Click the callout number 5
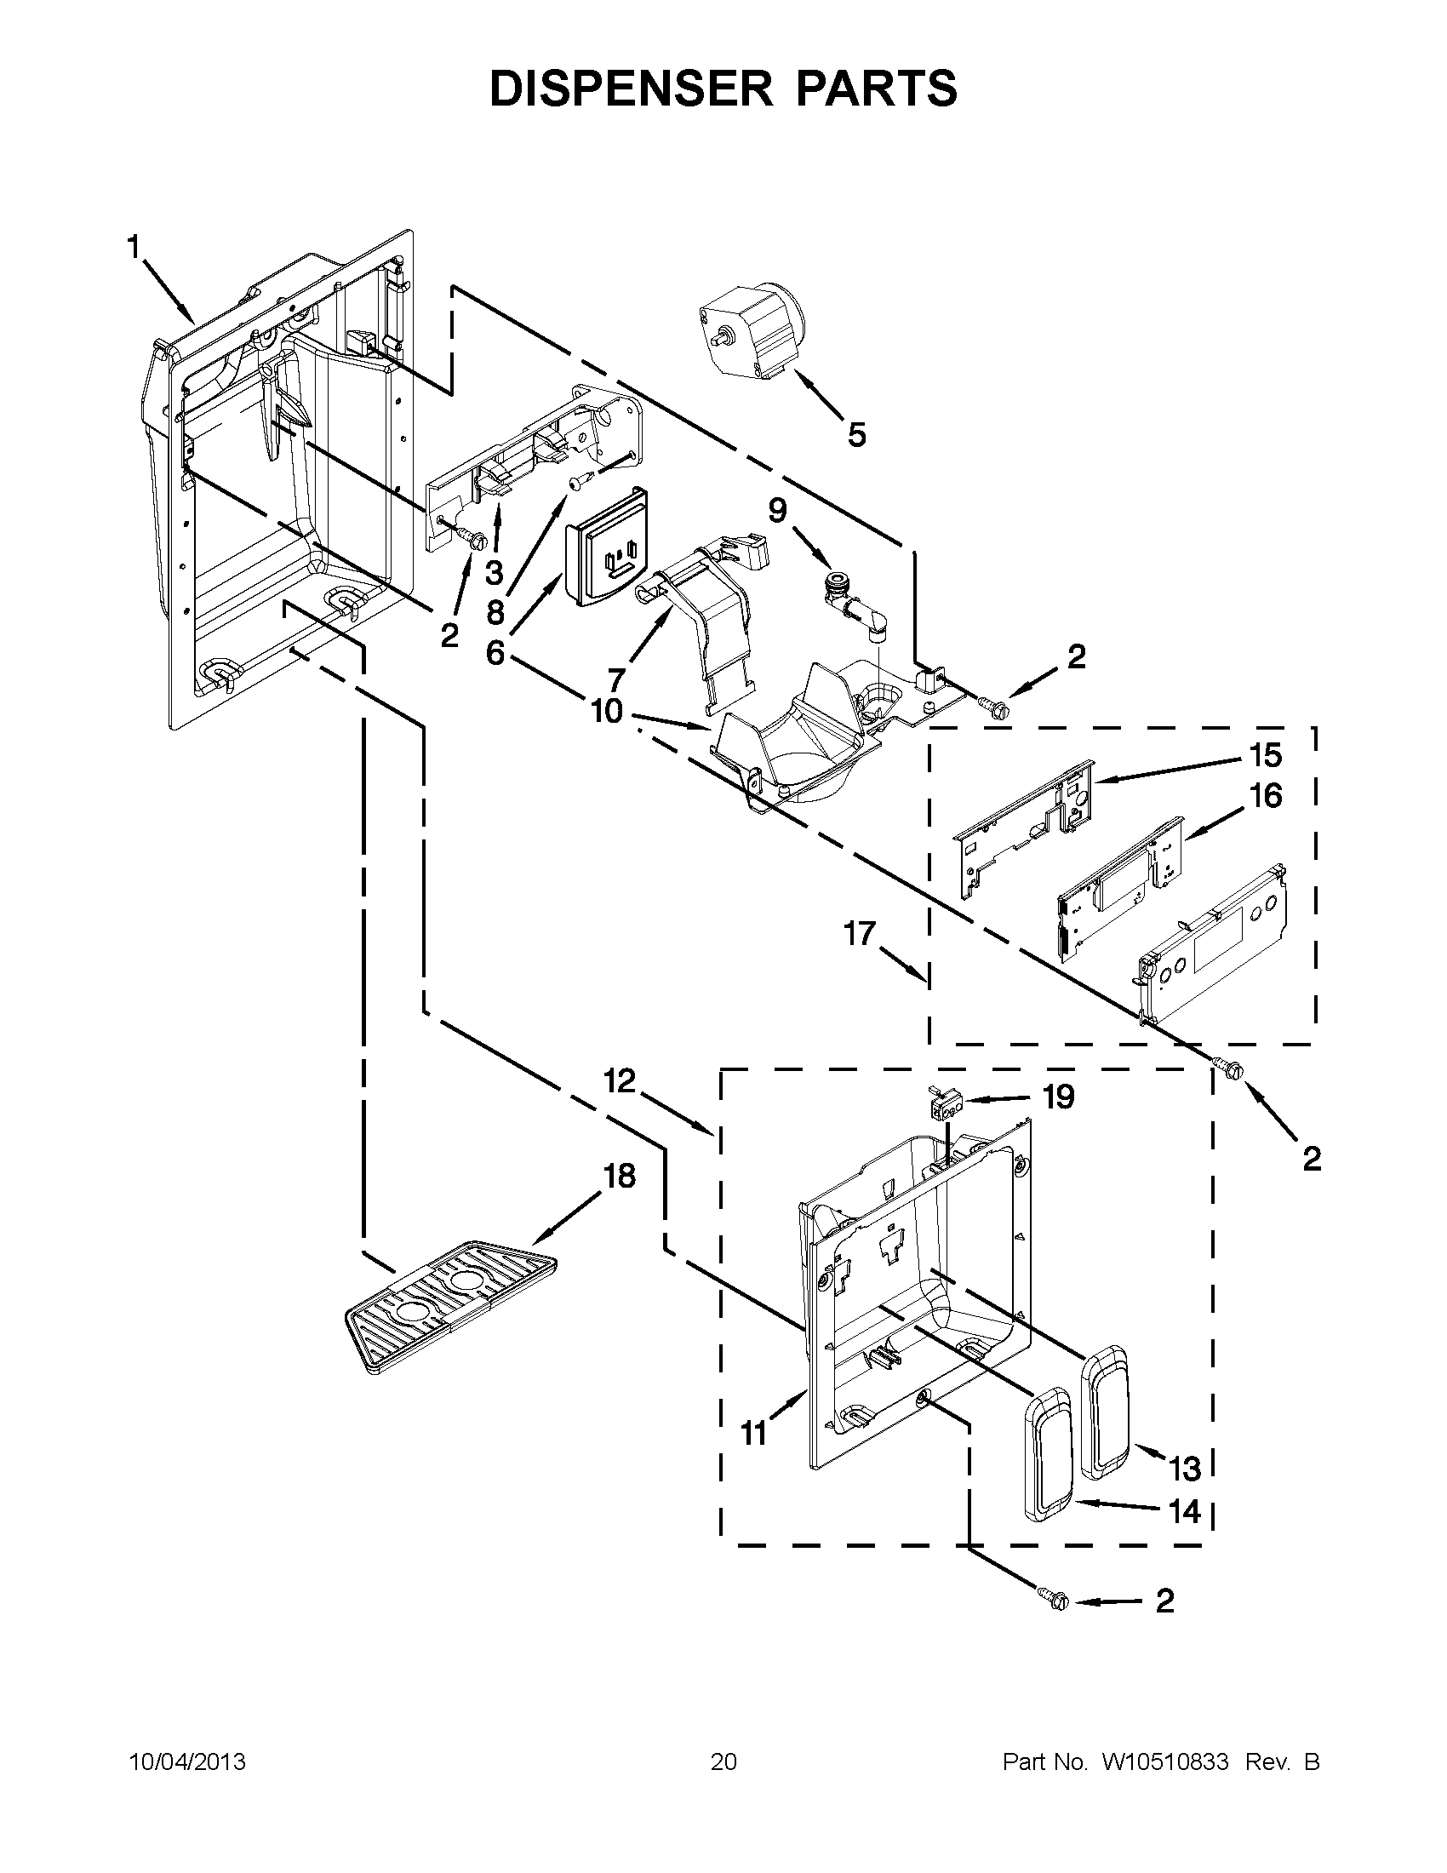click(856, 435)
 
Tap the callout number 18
click(619, 1176)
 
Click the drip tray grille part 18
click(449, 1306)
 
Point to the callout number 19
click(1059, 1097)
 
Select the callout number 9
click(776, 511)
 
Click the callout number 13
click(1186, 1469)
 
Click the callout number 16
click(1265, 796)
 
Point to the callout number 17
click(859, 933)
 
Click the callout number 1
click(133, 248)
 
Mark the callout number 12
click(619, 1081)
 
